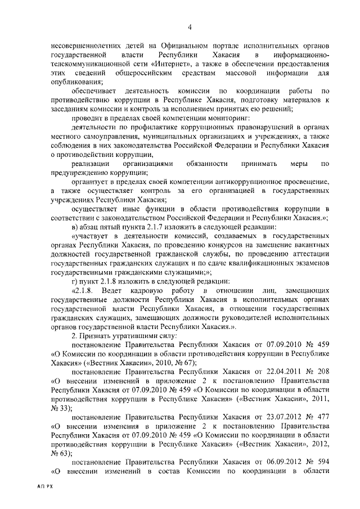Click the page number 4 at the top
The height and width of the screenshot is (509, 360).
pyautogui.click(x=190, y=27)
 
